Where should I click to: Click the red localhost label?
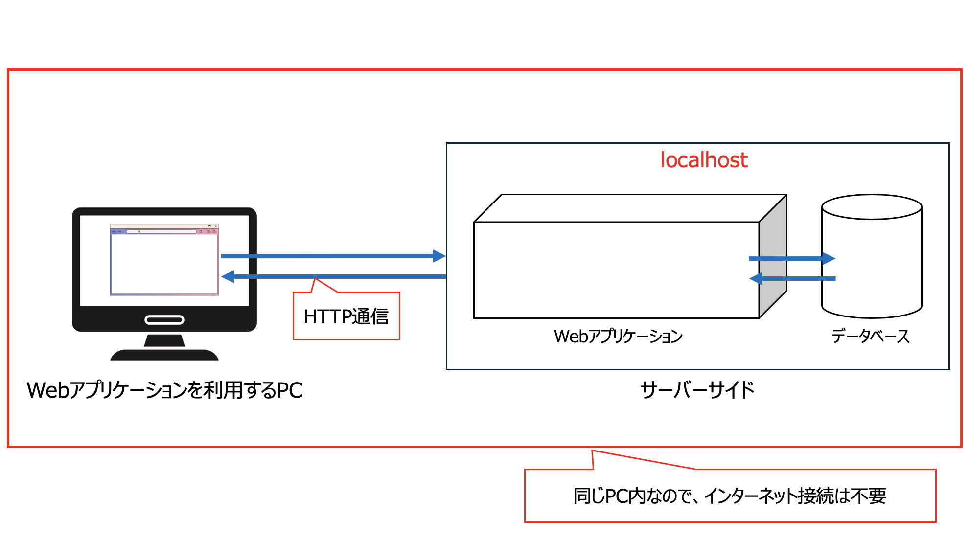pos(703,160)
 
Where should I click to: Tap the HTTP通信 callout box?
pos(346,316)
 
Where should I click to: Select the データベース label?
pos(870,337)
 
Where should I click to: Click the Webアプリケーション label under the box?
pos(618,337)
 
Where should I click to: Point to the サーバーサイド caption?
pos(697,390)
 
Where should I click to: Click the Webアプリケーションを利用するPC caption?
pos(164,390)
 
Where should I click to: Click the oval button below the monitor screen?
pos(164,320)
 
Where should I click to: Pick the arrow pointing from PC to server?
pos(333,256)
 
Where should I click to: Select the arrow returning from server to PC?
pos(333,277)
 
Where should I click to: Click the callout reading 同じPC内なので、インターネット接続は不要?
pos(730,496)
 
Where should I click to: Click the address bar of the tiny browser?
pos(162,231)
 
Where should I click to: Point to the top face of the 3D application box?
pos(630,208)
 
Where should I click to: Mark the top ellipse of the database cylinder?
pos(872,207)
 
